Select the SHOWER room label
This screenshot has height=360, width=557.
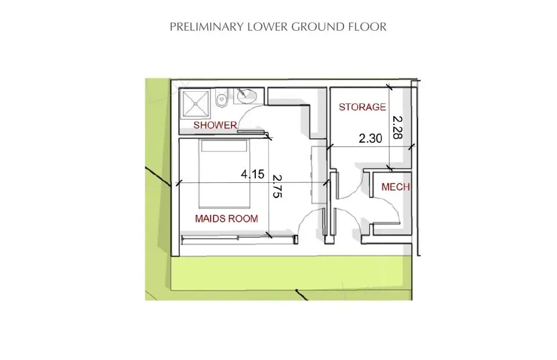click(x=215, y=125)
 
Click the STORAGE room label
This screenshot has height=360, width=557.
click(x=362, y=107)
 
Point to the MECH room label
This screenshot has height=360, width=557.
click(x=396, y=187)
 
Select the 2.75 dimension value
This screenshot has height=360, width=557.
click(x=277, y=188)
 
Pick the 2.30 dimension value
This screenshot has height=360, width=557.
click(x=370, y=139)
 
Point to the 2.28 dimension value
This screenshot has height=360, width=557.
click(x=397, y=127)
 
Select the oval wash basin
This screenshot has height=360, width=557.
click(x=248, y=95)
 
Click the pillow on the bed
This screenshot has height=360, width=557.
click(x=225, y=146)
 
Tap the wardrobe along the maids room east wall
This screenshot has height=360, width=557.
click(x=319, y=174)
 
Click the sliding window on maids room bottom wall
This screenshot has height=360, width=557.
click(x=238, y=237)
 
